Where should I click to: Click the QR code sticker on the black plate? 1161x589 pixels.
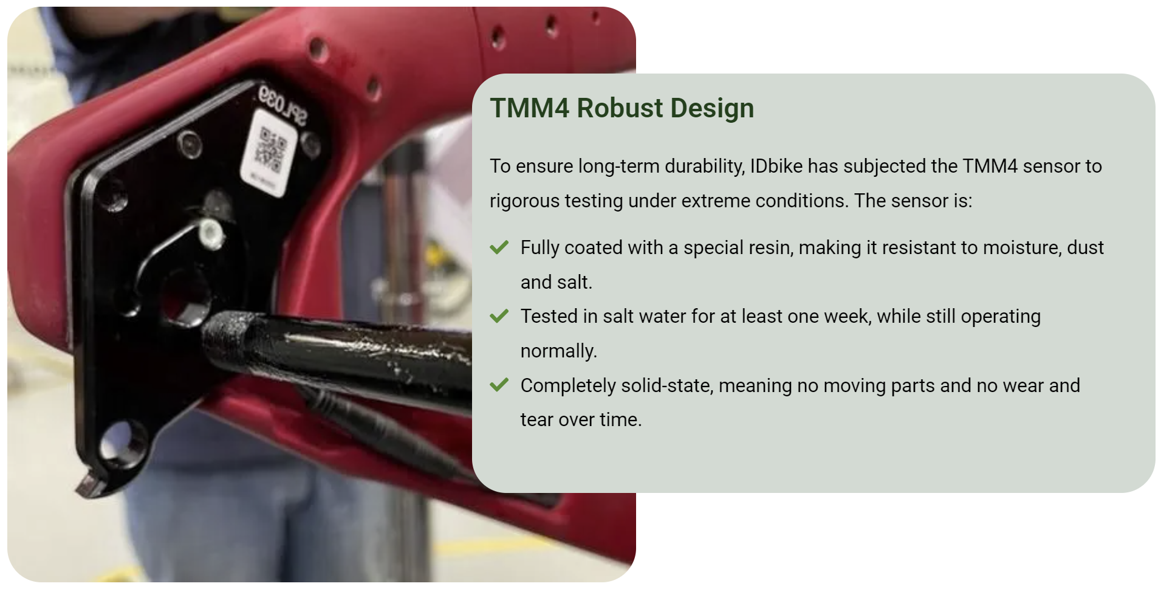point(269,153)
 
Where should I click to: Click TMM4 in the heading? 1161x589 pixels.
point(530,108)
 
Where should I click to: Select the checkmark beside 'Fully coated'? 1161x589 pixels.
point(499,247)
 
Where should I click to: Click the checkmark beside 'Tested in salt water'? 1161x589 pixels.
point(499,316)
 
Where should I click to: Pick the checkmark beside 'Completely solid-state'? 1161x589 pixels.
point(499,385)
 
